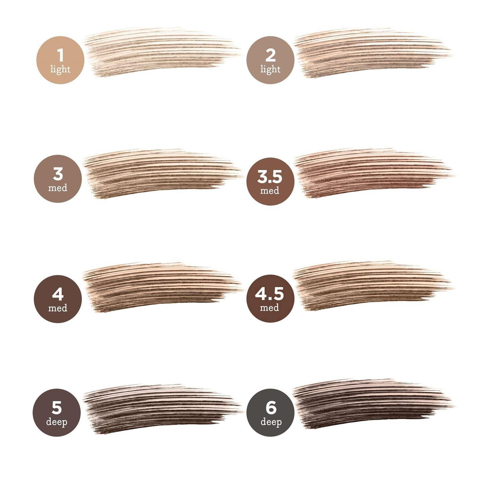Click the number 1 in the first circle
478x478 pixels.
(x=60, y=55)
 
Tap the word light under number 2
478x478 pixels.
(x=270, y=69)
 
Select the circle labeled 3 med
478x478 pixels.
(x=58, y=179)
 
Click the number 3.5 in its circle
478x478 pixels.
(x=270, y=177)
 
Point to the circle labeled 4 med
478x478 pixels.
(x=58, y=299)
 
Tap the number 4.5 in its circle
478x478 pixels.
(x=269, y=294)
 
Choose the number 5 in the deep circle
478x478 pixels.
(x=57, y=408)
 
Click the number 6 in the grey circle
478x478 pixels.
(x=271, y=408)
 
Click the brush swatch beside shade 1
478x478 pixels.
(x=161, y=52)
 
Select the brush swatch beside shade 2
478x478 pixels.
(x=372, y=53)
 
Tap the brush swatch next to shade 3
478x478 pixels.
(x=162, y=174)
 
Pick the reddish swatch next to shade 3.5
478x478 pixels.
(x=373, y=173)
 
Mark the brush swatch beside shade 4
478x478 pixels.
(x=162, y=287)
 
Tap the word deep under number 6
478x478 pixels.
(x=271, y=422)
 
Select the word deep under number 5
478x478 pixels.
(x=57, y=422)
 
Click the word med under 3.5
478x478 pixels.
(x=270, y=191)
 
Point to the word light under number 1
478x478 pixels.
(x=60, y=69)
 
